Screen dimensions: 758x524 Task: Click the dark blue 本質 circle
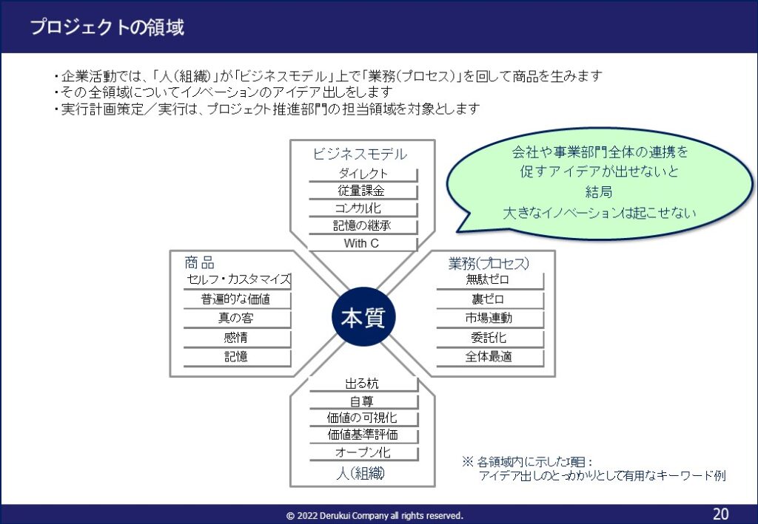coord(363,317)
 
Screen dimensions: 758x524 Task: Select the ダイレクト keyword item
coord(363,174)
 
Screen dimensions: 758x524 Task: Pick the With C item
coord(361,243)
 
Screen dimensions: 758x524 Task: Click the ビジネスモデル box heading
coord(360,154)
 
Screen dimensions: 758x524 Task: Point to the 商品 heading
coord(200,263)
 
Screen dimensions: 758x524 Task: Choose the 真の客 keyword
coord(236,319)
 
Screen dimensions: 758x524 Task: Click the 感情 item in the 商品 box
coord(236,338)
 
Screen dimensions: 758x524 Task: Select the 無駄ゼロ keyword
coord(489,280)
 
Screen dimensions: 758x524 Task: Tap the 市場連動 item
coord(489,319)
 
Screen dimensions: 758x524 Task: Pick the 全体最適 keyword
coord(489,357)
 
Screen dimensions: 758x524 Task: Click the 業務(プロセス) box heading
coord(489,263)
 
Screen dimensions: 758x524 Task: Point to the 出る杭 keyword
coord(363,384)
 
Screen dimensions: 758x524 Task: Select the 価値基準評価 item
coord(363,435)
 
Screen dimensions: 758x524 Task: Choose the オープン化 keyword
coord(363,452)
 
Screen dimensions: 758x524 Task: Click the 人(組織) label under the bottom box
coord(361,473)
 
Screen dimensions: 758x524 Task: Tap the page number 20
coord(720,514)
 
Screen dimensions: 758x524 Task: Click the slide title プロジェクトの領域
coord(107,27)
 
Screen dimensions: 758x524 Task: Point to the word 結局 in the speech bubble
coord(599,192)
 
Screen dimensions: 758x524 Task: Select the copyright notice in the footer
coord(375,516)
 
